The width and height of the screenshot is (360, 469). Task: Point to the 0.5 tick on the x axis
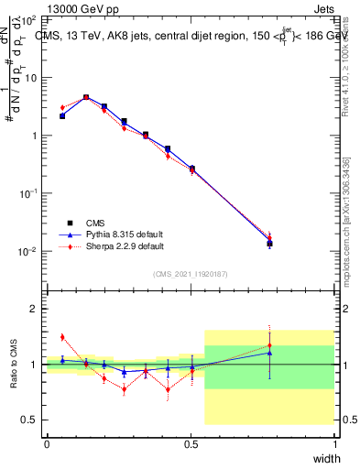[x=191, y=443]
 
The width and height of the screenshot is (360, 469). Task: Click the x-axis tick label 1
[x=335, y=443]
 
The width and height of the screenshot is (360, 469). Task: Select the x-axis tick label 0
[x=47, y=443]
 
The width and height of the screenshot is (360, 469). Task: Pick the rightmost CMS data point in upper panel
[x=269, y=244]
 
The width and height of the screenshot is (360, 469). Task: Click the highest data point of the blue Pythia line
[x=86, y=96]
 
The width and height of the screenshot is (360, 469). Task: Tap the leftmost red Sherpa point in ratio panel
[x=62, y=337]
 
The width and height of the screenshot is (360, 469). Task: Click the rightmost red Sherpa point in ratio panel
[x=269, y=345]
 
